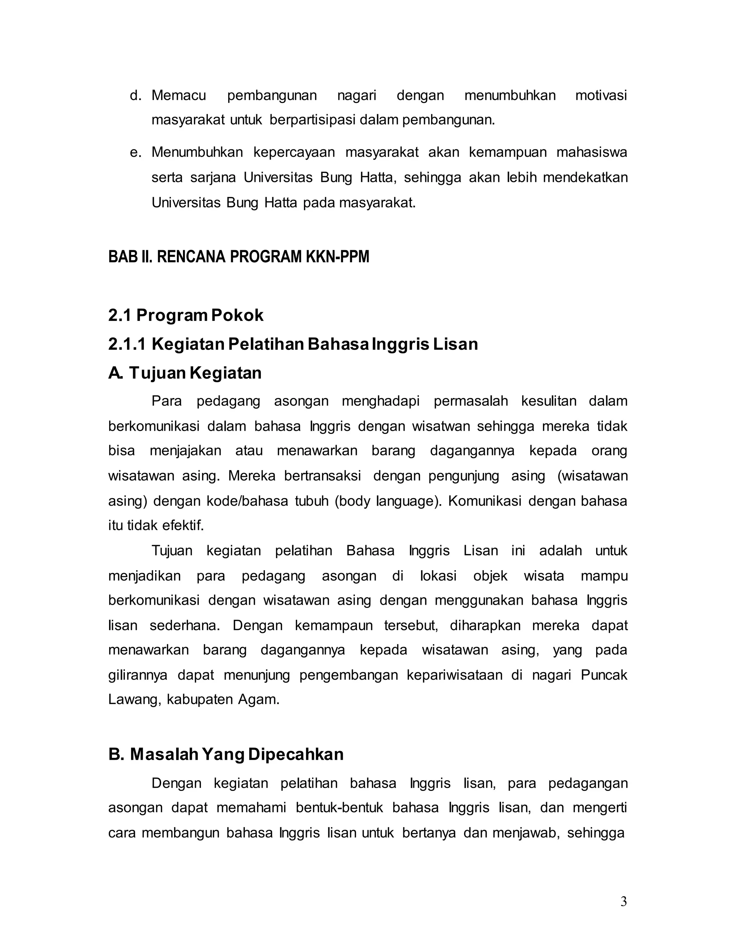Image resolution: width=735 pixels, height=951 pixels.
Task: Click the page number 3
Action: point(623,901)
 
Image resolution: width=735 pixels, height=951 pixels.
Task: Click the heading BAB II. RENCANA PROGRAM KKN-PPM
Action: point(239,257)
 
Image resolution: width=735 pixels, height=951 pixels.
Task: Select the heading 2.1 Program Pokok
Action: point(186,315)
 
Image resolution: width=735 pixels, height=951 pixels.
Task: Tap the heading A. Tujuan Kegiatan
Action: point(184,373)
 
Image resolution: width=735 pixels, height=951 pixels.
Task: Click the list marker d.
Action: point(135,95)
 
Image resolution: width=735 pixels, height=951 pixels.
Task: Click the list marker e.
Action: point(135,153)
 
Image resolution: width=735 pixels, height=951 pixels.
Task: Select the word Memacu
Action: point(178,95)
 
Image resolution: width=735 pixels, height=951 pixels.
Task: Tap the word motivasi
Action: point(601,95)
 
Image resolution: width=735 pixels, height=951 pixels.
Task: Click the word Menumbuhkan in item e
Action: point(197,153)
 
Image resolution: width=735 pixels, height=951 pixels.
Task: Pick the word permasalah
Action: point(471,401)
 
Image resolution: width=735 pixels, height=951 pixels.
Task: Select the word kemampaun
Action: point(333,626)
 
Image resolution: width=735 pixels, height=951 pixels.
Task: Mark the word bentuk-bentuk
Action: point(339,808)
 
